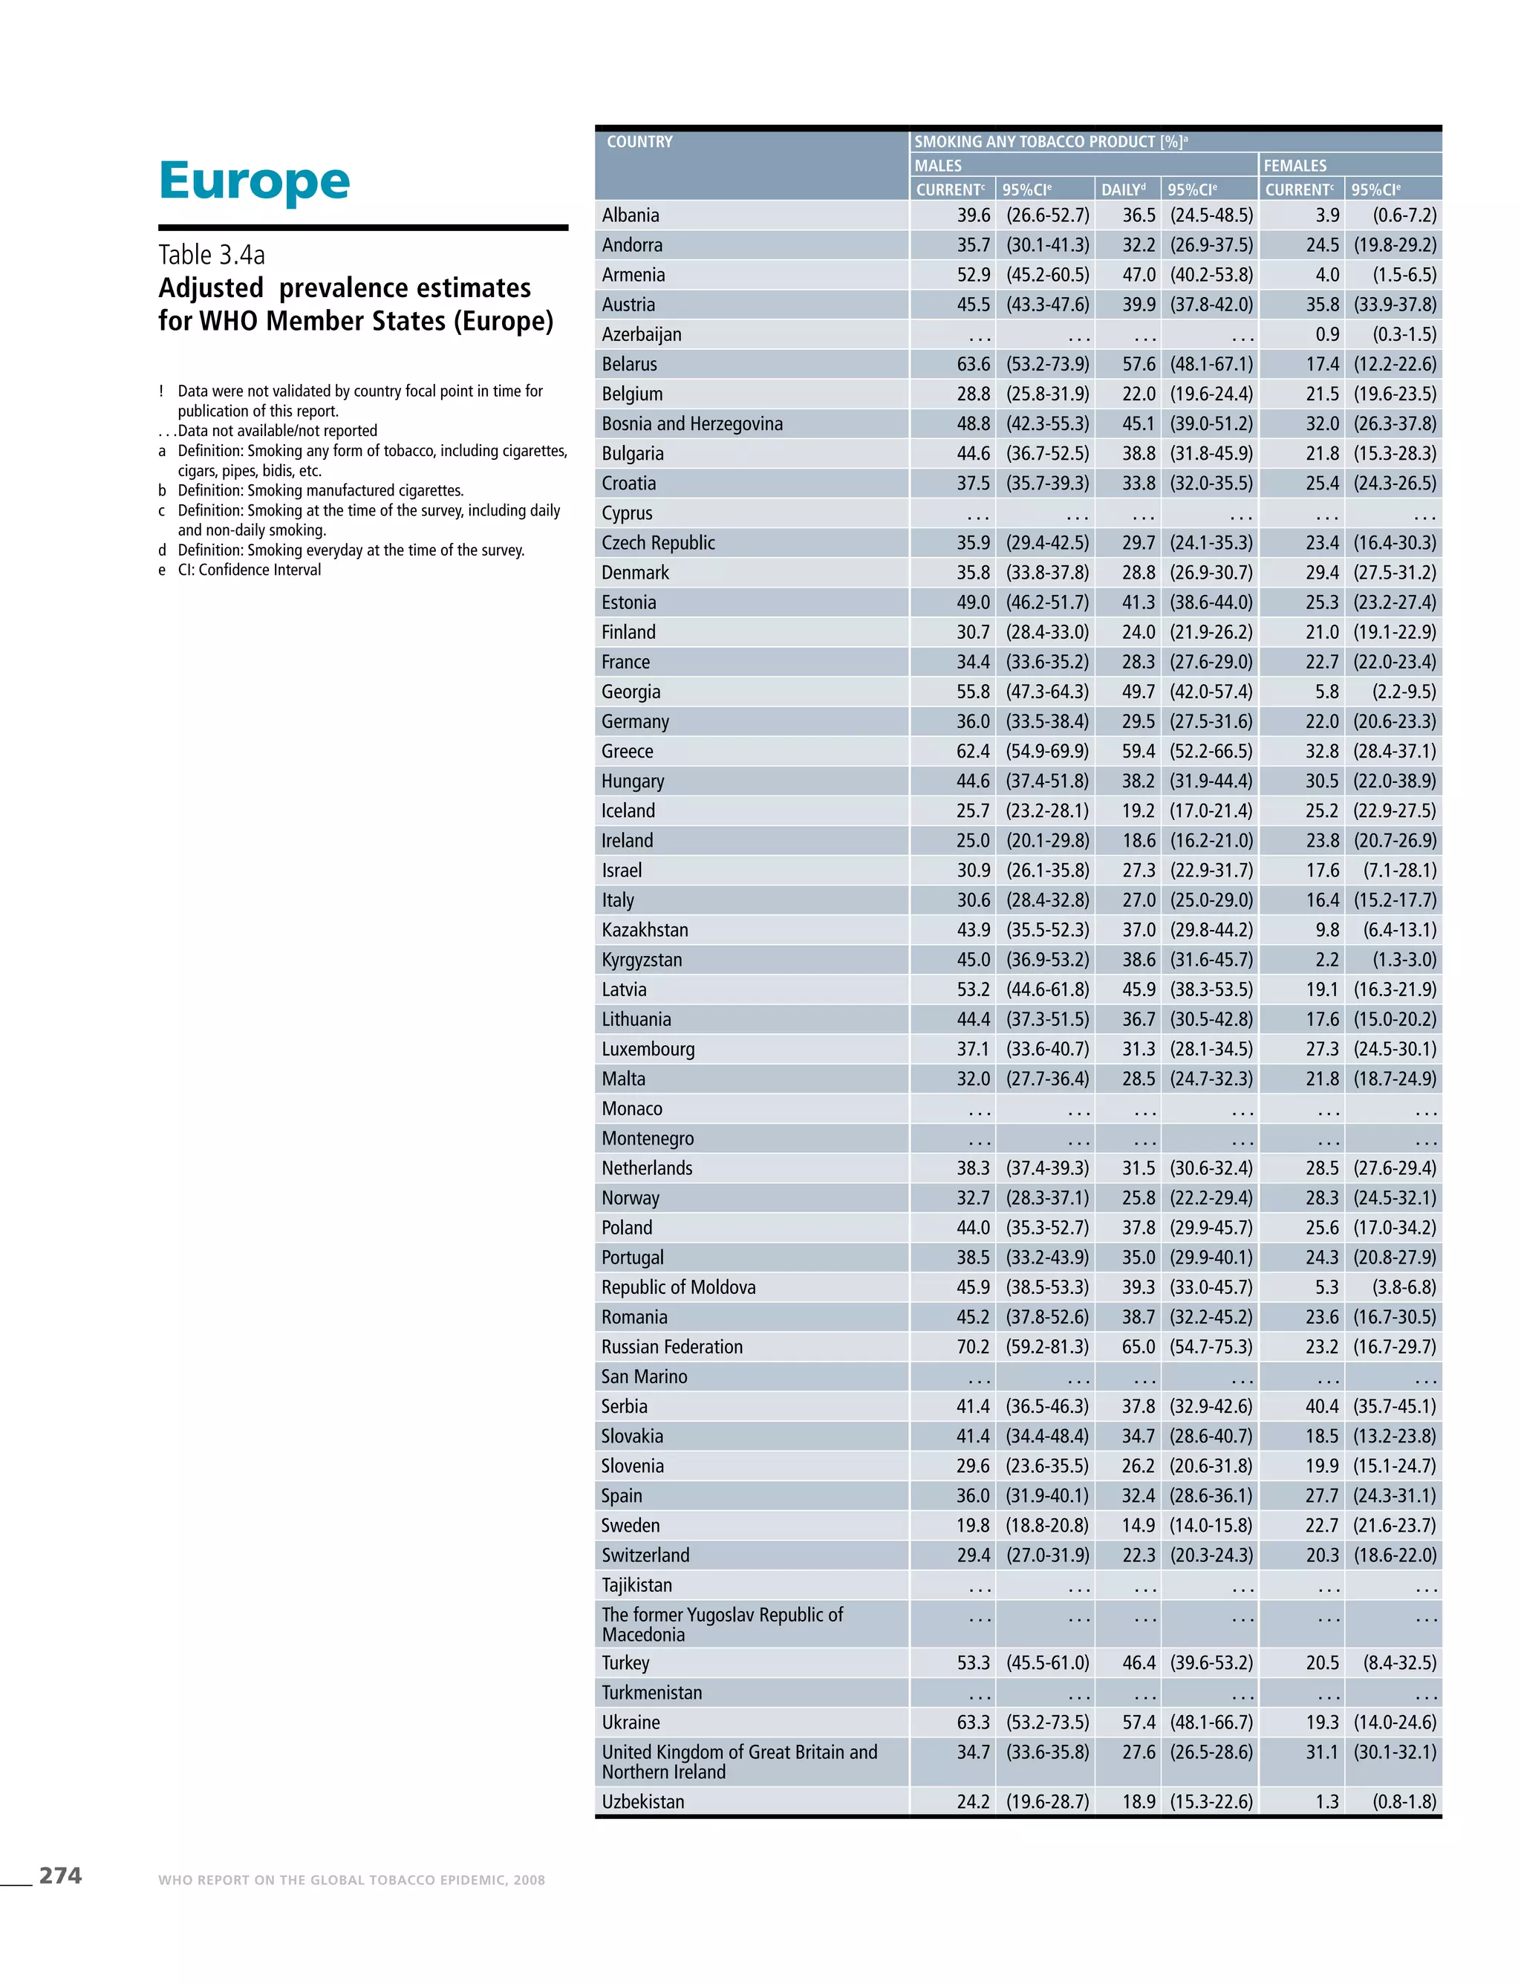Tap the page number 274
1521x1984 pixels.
pyautogui.click(x=59, y=1876)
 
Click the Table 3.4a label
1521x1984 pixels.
pyautogui.click(x=211, y=255)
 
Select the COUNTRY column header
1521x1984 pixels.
pyautogui.click(x=639, y=141)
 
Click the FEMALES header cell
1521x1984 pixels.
pyautogui.click(x=1294, y=166)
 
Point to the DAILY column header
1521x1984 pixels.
pyautogui.click(x=1123, y=189)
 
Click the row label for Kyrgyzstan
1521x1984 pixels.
pyautogui.click(x=642, y=960)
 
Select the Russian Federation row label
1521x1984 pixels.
pyautogui.click(x=672, y=1347)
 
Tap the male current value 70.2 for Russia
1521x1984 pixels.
pyautogui.click(x=973, y=1347)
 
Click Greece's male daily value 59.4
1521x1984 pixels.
pyautogui.click(x=1139, y=751)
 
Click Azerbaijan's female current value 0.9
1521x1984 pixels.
pyautogui.click(x=1327, y=334)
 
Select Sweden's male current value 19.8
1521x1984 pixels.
pyautogui.click(x=973, y=1525)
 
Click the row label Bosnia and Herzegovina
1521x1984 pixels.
pyautogui.click(x=691, y=424)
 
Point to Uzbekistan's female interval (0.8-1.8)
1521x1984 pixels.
pyautogui.click(x=1404, y=1801)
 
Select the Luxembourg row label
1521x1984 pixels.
pyautogui.click(x=648, y=1049)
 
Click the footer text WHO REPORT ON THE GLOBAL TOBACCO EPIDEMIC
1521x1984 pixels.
pyautogui.click(x=351, y=1880)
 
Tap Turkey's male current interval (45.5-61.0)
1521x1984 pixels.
pyautogui.click(x=1047, y=1662)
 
